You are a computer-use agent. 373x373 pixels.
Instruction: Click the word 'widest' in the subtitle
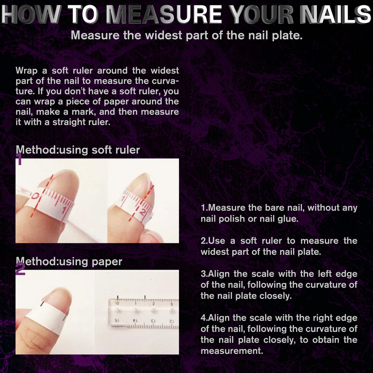[x=164, y=35]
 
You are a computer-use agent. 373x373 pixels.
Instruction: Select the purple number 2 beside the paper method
[x=20, y=269]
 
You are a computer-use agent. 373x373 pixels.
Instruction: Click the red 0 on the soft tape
[x=35, y=196]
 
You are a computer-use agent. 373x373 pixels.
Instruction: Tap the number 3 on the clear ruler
[x=171, y=304]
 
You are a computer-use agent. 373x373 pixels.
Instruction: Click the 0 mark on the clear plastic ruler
[x=118, y=304]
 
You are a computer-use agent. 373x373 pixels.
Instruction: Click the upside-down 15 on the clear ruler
[x=117, y=320]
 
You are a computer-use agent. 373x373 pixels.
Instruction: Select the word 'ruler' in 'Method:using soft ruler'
[x=128, y=150]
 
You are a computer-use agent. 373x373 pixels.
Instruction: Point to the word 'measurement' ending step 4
[x=232, y=351]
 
